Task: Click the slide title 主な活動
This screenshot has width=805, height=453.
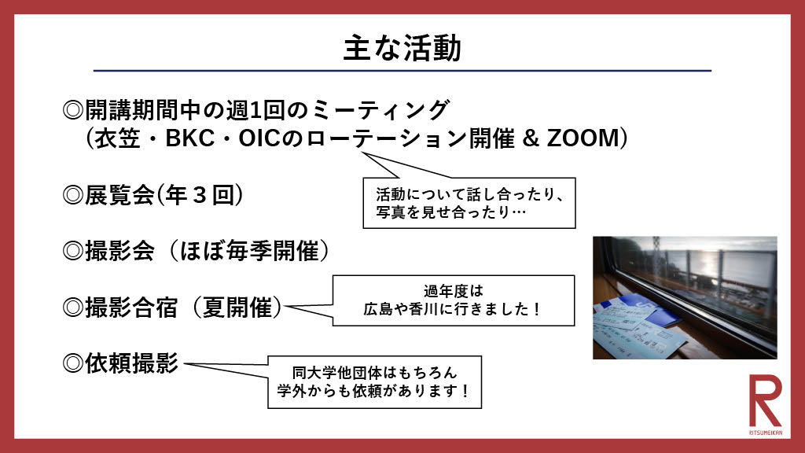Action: tap(402, 48)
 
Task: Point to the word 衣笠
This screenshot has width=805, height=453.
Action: tap(120, 138)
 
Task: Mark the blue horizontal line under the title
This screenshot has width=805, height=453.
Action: tap(402, 71)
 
